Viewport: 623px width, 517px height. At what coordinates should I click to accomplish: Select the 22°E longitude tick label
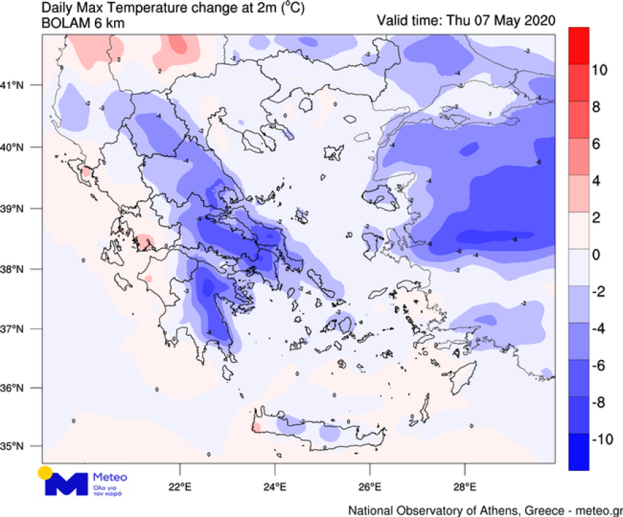click(x=180, y=487)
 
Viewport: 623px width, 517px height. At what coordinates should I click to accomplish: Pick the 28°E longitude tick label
click(x=464, y=487)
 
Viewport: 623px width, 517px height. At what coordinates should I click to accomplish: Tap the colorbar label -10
click(x=602, y=439)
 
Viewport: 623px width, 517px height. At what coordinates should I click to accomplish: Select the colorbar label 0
click(x=596, y=255)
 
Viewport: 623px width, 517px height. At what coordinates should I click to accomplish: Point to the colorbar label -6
click(x=599, y=366)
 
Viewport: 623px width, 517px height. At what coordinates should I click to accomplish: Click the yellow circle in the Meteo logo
click(x=45, y=472)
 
